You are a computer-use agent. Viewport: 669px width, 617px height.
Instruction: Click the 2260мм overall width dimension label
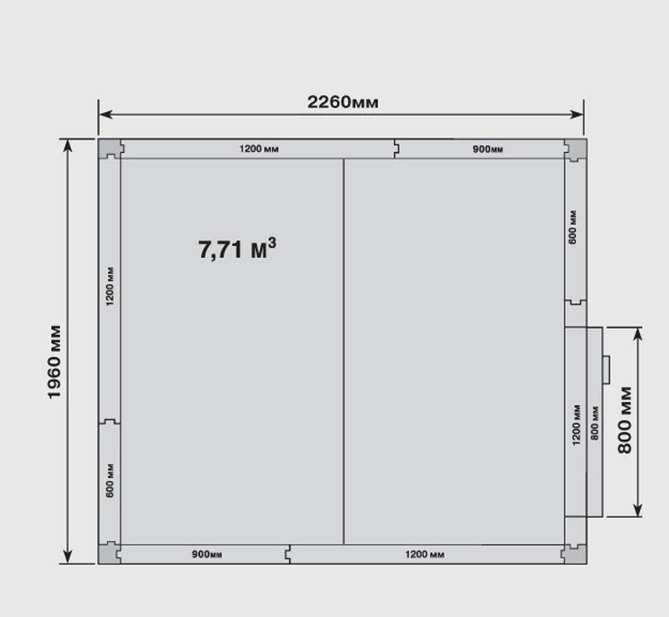(343, 102)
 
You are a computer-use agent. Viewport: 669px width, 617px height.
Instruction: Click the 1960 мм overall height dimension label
(55, 362)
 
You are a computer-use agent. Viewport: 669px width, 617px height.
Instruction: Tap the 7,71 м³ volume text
(237, 248)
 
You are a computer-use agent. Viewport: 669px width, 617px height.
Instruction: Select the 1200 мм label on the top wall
(259, 148)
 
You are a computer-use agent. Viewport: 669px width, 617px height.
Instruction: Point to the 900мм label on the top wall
(488, 149)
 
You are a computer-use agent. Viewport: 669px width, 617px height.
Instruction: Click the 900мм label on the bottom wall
(207, 554)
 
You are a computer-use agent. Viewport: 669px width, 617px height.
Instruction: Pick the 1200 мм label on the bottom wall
(425, 554)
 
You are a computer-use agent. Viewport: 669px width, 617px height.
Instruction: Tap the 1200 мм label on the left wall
(110, 286)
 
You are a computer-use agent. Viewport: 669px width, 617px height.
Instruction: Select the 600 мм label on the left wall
(110, 480)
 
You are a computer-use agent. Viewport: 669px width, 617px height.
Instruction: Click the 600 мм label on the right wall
(573, 228)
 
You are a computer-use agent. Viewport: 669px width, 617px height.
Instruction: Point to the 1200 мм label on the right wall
(576, 425)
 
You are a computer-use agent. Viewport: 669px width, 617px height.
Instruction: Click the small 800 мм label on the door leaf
(595, 423)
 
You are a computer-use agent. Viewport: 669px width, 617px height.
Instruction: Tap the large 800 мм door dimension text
(625, 420)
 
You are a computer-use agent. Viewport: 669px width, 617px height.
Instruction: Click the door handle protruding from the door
(606, 370)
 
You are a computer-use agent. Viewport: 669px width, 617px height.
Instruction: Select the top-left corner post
(111, 148)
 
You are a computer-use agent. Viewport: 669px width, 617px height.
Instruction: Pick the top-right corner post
(575, 149)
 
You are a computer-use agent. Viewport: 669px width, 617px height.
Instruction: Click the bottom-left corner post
(110, 553)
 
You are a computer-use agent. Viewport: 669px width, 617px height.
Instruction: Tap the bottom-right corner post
(574, 554)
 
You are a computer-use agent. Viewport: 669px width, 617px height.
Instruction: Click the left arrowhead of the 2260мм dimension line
(106, 114)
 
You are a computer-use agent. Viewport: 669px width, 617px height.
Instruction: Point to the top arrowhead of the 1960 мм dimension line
(67, 145)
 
